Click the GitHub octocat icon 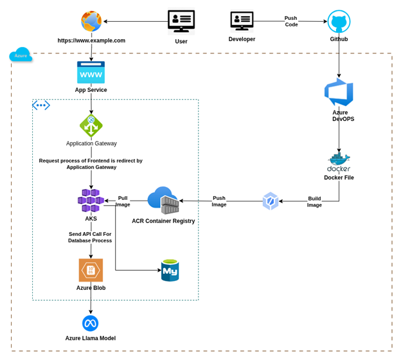coord(339,21)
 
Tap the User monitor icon coord(181,21)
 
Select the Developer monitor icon coord(242,21)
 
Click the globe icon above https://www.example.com coord(91,21)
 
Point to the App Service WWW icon coord(91,72)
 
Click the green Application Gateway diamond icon coord(91,125)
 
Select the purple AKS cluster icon coord(91,201)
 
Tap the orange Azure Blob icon coord(91,270)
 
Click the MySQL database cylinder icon coord(170,271)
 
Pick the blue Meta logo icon coord(91,323)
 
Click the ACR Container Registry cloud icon coord(163,201)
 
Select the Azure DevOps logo coord(339,93)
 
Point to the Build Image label coord(314,202)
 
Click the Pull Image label coord(123,201)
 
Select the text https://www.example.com coord(91,40)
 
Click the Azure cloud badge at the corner coord(21,56)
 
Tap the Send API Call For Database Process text coord(90,237)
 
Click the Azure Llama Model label coord(91,338)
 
